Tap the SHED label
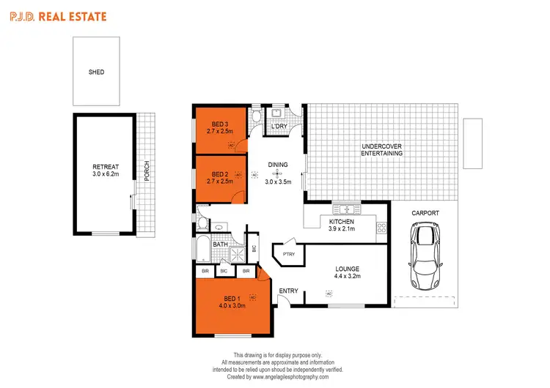point(96,72)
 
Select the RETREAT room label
point(106,168)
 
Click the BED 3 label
point(220,124)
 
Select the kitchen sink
point(341,209)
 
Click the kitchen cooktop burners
point(381,227)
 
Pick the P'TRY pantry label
point(285,254)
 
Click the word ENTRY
point(288,291)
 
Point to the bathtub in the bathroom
point(202,249)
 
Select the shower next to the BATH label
point(237,253)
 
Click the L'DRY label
point(279,127)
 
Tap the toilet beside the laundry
point(254,116)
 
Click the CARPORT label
point(425,212)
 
